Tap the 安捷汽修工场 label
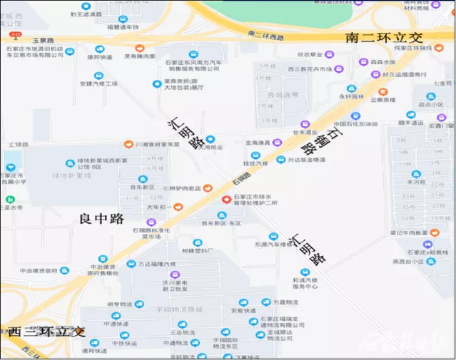click(98, 83)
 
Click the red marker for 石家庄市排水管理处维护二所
click(227, 199)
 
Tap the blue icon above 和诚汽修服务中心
click(305, 272)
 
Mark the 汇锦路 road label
click(19, 145)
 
